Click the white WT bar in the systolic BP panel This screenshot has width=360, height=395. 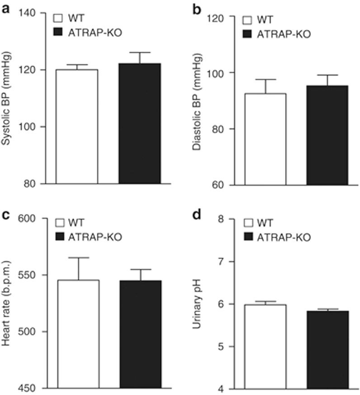76,127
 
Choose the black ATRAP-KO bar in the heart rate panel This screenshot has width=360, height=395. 141,334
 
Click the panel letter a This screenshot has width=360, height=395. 6,9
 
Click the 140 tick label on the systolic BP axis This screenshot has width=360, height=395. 29,13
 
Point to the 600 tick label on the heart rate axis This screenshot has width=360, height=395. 29,219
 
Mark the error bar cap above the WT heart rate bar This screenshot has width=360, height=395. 78,257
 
